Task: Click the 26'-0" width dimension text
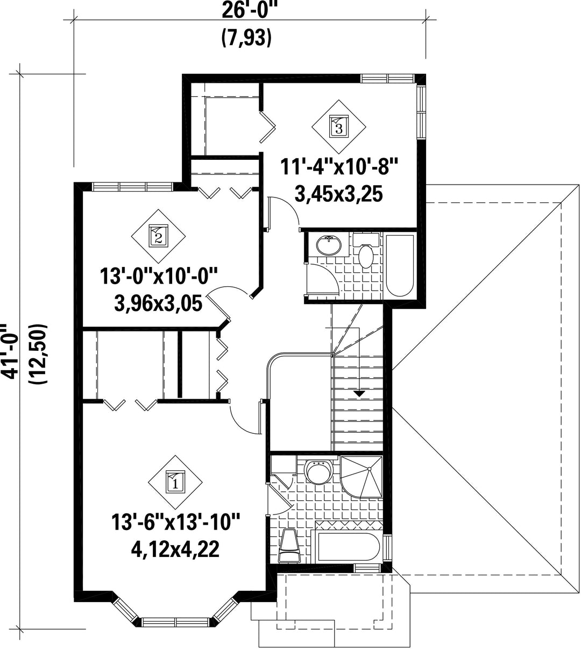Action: pyautogui.click(x=249, y=11)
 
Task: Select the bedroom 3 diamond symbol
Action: pyautogui.click(x=339, y=127)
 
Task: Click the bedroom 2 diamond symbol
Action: pyautogui.click(x=158, y=236)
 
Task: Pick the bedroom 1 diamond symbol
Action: pyautogui.click(x=175, y=482)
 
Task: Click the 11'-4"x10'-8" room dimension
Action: pyautogui.click(x=339, y=167)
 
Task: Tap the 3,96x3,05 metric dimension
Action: pyautogui.click(x=158, y=304)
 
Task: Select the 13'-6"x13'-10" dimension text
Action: pyautogui.click(x=175, y=522)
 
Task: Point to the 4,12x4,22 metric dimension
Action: pyautogui.click(x=175, y=549)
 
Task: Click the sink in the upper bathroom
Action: pyautogui.click(x=329, y=245)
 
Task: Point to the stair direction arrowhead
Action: pyautogui.click(x=359, y=394)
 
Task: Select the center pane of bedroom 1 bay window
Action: pyautogui.click(x=175, y=622)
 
